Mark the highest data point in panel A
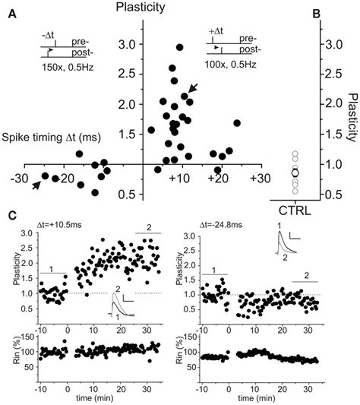pos(180,47)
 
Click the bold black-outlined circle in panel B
pos(295,173)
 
